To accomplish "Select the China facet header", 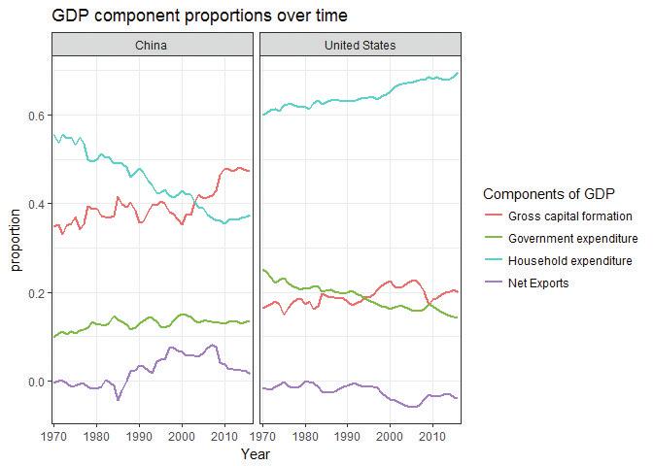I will pos(152,46).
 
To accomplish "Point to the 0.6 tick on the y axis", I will pos(35,116).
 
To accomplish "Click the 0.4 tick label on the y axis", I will pos(35,204).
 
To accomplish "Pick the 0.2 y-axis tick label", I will pos(35,293).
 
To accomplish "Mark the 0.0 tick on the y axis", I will pos(35,382).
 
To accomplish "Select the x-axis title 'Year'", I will pos(256,453).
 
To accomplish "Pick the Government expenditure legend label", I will pos(573,239).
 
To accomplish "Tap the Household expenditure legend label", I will pos(572,261).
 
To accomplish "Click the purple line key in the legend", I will pos(494,283).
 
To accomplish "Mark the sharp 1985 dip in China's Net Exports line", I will pos(119,399).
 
